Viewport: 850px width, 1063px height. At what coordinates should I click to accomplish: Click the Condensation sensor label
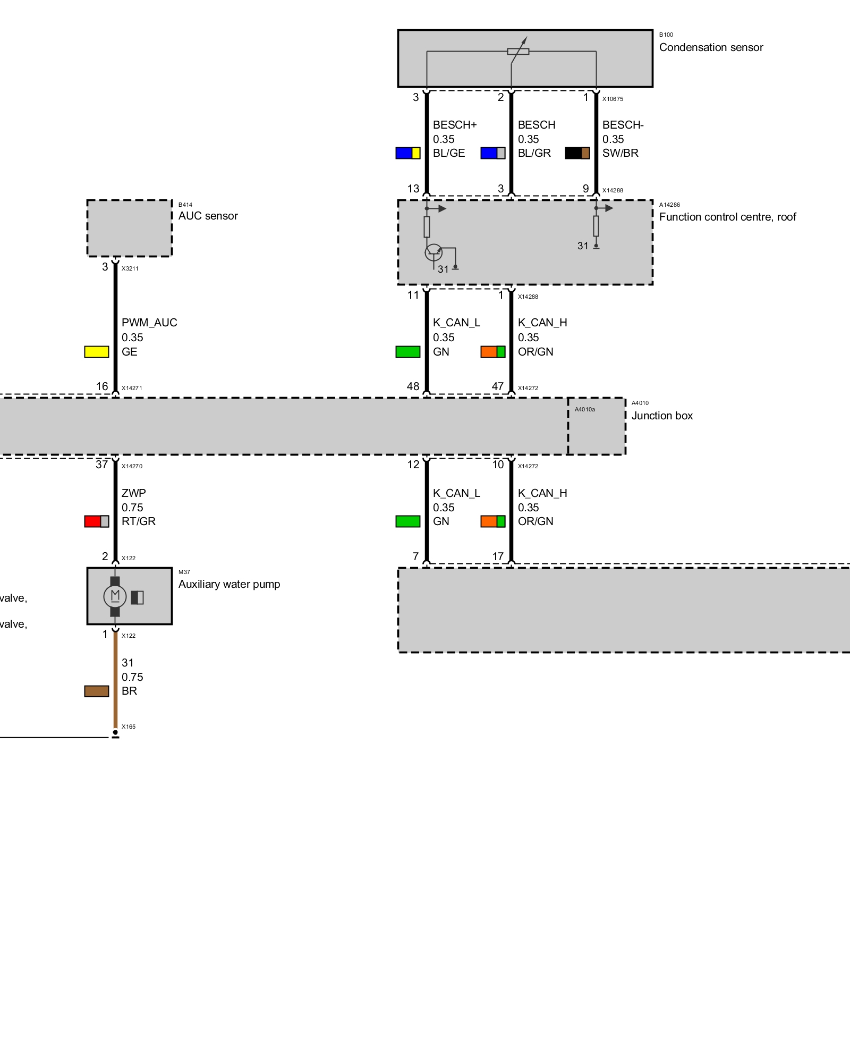tap(711, 47)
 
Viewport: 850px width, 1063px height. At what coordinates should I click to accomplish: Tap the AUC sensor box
tap(129, 228)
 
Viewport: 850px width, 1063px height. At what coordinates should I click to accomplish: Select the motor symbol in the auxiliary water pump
tap(115, 596)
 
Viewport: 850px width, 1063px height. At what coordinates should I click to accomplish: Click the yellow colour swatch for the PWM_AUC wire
tap(97, 352)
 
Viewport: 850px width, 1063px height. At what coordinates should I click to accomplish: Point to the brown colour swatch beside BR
tap(97, 691)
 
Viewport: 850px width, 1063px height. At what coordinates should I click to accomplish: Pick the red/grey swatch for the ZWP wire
tap(97, 521)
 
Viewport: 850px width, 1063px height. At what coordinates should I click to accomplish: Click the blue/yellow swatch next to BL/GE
tap(408, 153)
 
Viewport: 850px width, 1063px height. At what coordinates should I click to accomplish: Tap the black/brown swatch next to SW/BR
tap(577, 153)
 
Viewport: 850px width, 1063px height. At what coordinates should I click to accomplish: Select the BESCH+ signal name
tap(455, 125)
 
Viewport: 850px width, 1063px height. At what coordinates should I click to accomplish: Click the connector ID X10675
tap(613, 99)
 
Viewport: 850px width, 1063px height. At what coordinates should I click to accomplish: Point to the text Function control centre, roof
tap(727, 217)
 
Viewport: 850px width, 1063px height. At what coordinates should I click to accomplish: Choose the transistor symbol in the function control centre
tap(433, 252)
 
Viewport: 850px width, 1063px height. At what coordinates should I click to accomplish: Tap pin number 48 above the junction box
tap(413, 386)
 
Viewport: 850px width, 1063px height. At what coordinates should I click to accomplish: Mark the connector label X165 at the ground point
tap(129, 727)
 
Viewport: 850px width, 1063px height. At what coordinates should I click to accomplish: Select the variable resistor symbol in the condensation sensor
tap(518, 51)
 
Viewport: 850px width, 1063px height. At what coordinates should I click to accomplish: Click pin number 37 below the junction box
tap(101, 465)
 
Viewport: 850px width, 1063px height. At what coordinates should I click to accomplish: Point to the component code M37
tap(184, 572)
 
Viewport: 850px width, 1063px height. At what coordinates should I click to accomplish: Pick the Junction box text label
tap(662, 416)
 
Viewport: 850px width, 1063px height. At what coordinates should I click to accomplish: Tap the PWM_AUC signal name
tap(149, 323)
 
